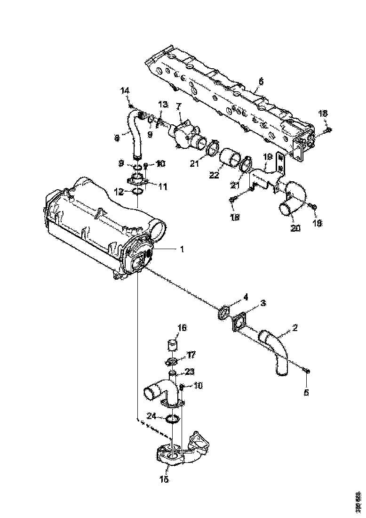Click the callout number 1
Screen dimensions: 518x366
point(182,249)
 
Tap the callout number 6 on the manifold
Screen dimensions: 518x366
point(261,81)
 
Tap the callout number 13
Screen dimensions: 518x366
point(162,104)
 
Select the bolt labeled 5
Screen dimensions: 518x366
point(307,372)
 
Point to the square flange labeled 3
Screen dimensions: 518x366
point(240,325)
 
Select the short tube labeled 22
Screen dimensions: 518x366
point(230,158)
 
